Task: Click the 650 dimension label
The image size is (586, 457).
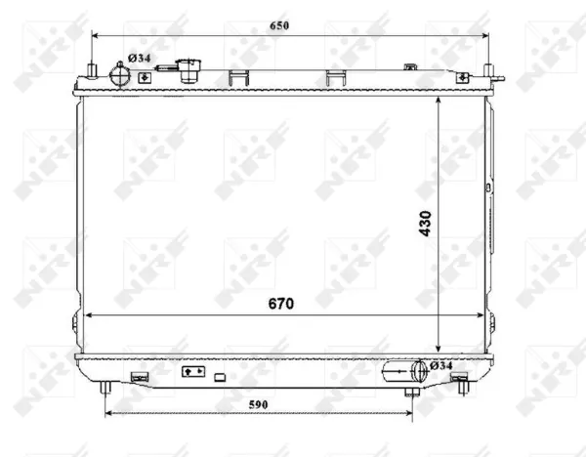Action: pos(279,25)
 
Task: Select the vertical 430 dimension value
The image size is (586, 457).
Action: pos(425,224)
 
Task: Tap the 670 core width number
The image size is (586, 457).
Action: pos(281,304)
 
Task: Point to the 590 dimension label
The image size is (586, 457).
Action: pos(258,404)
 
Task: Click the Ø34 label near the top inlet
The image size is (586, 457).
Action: pos(139,58)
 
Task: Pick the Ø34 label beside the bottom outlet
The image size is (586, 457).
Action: pos(441,365)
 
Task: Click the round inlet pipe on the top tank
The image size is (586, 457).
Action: pos(119,75)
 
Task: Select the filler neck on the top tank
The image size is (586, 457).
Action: pos(189,70)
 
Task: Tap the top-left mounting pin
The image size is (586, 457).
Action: pos(92,70)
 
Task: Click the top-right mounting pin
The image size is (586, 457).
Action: pos(488,70)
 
